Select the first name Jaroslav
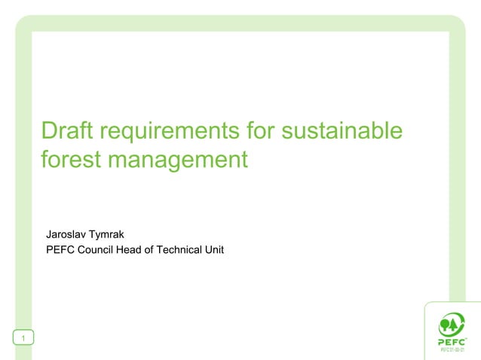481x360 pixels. tap(66, 234)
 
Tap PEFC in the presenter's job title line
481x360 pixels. tap(60, 249)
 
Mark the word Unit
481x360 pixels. tap(215, 249)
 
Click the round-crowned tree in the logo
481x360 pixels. tap(445, 325)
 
